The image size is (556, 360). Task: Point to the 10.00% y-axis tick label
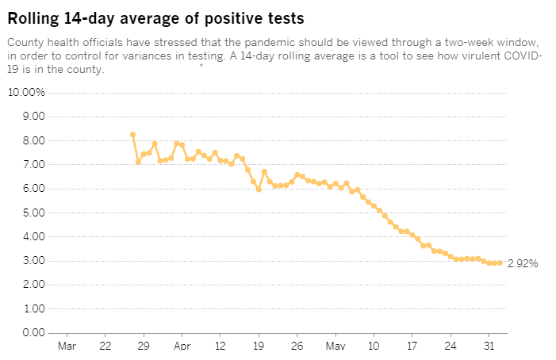[26, 93]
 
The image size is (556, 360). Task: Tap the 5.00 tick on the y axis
[33, 213]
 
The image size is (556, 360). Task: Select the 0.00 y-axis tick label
[33, 332]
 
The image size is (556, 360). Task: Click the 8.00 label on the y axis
[33, 140]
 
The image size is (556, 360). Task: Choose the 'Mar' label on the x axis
[67, 347]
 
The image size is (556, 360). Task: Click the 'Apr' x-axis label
[182, 347]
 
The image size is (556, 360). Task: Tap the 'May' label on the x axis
[336, 347]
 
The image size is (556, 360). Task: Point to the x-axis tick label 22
[105, 347]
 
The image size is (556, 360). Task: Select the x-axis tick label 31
[489, 347]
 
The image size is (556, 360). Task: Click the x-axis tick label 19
[259, 347]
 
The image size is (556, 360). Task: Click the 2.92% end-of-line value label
[523, 263]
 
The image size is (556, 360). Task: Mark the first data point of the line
[132, 135]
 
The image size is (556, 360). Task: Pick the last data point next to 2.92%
[500, 262]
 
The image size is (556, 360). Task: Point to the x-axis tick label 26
[297, 347]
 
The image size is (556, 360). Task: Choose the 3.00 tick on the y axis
[33, 260]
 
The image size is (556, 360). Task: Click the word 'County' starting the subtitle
[25, 41]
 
